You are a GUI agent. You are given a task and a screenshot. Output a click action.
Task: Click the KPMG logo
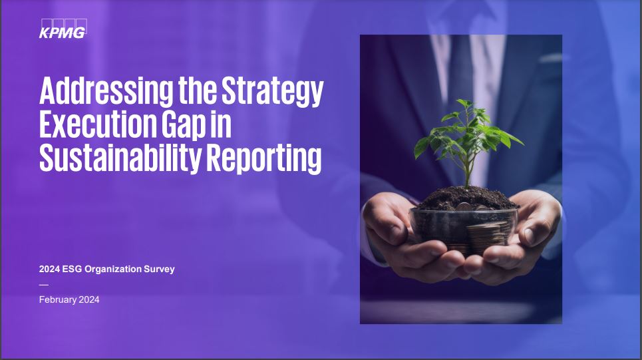pos(63,30)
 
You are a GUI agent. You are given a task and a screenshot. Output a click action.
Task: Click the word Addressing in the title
pos(98,92)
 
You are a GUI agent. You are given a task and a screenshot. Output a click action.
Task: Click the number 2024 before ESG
pos(49,269)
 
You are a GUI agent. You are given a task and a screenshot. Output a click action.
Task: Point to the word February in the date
pos(57,299)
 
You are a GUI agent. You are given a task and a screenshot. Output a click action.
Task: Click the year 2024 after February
pos(88,299)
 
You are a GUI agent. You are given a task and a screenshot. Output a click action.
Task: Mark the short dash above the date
pos(44,284)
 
